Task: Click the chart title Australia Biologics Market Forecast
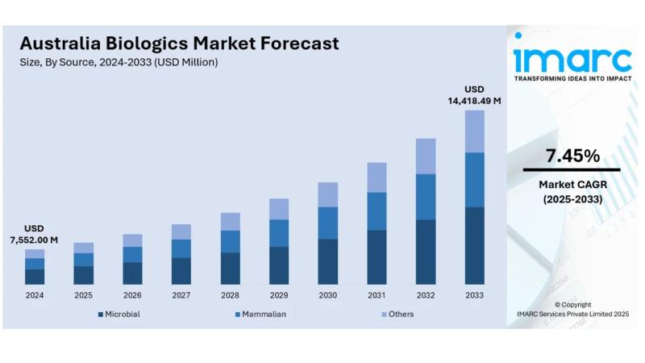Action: tap(179, 43)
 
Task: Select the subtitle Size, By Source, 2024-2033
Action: tap(119, 62)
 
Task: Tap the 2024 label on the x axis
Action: tap(35, 295)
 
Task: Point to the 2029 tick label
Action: tap(279, 295)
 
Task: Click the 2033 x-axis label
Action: tap(475, 295)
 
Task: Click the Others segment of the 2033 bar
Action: tap(475, 131)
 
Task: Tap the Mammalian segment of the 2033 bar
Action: tap(475, 179)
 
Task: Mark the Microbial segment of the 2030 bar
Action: tap(328, 261)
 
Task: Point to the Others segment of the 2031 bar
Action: tap(377, 177)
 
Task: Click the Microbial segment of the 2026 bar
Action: tap(132, 273)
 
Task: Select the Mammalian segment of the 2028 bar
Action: tap(231, 241)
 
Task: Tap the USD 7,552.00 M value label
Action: tap(35, 234)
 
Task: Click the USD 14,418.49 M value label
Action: tap(474, 94)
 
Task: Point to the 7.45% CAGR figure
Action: tap(572, 155)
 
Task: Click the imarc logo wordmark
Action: tap(572, 58)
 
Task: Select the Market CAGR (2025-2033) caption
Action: tap(572, 191)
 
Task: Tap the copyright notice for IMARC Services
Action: tap(572, 310)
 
